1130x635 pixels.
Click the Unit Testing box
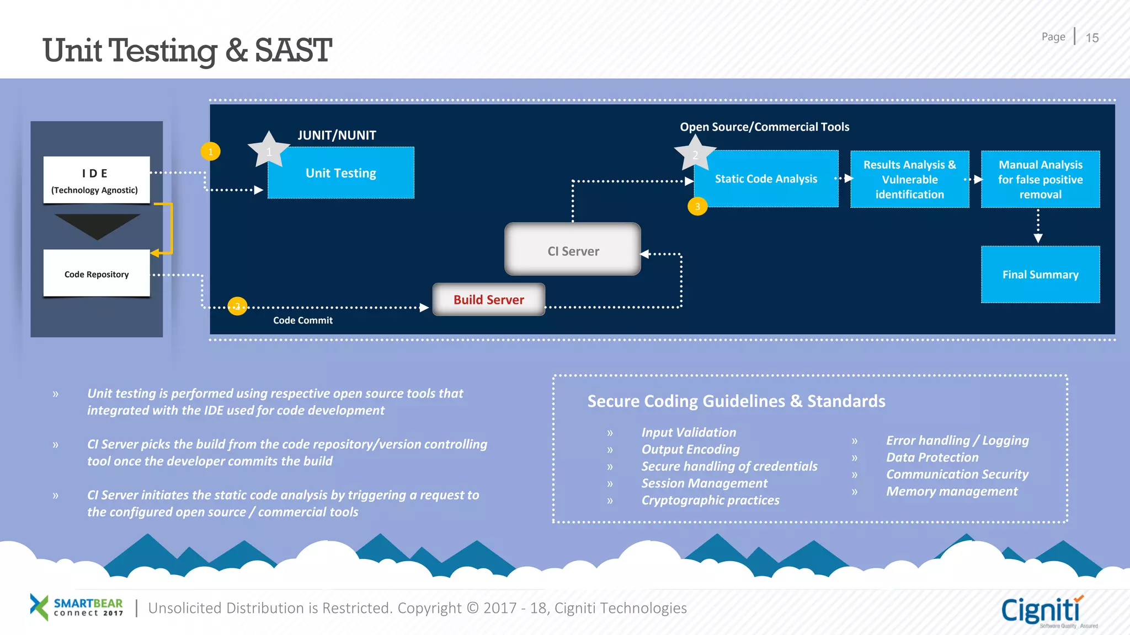click(x=341, y=173)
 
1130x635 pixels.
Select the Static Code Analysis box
click(x=766, y=179)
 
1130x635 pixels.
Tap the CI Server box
click(x=573, y=251)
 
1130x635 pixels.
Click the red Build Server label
click(x=489, y=300)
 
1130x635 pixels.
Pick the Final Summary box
click(x=1040, y=275)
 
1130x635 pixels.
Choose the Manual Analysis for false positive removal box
click(x=1040, y=179)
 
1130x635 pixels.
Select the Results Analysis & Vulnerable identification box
click(x=909, y=179)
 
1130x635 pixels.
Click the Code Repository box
click(x=97, y=274)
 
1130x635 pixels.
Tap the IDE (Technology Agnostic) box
click(x=96, y=180)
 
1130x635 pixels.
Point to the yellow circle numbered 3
click(x=697, y=207)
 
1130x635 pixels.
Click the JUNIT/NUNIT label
click(x=337, y=135)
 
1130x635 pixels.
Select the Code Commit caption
click(x=302, y=320)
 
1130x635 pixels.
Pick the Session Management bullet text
click(x=704, y=483)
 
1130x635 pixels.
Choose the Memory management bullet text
click(x=951, y=491)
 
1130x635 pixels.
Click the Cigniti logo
click(x=1042, y=611)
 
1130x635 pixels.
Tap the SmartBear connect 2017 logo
click(x=77, y=607)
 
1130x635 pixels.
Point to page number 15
click(x=1092, y=38)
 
